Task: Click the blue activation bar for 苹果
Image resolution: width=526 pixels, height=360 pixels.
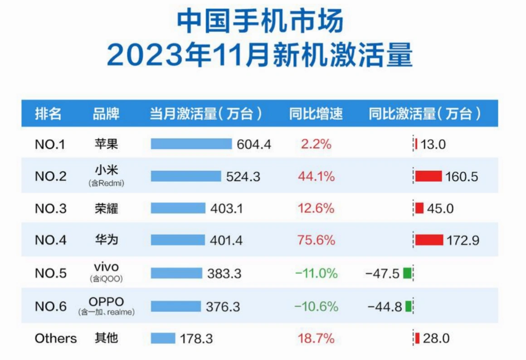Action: (x=191, y=144)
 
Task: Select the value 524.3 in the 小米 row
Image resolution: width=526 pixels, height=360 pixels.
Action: (x=243, y=176)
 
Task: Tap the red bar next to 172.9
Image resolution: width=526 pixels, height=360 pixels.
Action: (x=429, y=240)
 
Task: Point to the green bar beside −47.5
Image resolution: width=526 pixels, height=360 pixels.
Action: (x=407, y=273)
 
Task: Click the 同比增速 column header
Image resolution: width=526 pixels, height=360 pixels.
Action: (x=316, y=113)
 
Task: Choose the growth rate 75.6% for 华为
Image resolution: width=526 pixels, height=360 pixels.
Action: (x=316, y=240)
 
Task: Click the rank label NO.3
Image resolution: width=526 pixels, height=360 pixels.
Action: (x=50, y=209)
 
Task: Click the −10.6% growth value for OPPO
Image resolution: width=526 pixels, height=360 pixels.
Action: (x=316, y=306)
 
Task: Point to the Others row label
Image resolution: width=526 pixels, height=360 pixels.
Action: (x=56, y=338)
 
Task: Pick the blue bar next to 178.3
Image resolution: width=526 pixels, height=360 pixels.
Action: (x=163, y=338)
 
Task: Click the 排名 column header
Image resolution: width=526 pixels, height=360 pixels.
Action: (x=48, y=113)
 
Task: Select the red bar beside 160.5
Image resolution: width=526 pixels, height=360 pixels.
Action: (x=429, y=176)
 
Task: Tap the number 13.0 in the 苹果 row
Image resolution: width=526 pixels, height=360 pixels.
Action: (x=433, y=145)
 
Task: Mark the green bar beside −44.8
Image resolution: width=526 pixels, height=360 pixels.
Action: (x=408, y=306)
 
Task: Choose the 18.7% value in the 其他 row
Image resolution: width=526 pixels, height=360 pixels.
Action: (x=316, y=338)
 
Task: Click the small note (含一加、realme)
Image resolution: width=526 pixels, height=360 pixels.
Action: (x=107, y=312)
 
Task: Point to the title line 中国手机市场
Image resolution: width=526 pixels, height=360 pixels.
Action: (x=260, y=22)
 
